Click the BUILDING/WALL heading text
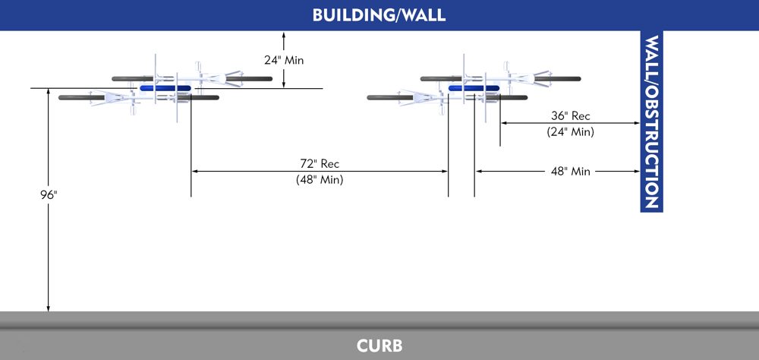coord(379,15)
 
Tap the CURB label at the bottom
coord(379,346)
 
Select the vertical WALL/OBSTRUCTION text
coord(651,122)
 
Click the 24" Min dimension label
coord(284,60)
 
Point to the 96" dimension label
coord(49,195)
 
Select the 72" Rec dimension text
coord(320,163)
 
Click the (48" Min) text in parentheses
coord(320,180)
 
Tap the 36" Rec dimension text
coord(570,116)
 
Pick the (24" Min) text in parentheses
coord(570,131)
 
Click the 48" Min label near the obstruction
coord(570,172)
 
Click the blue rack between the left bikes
coord(165,88)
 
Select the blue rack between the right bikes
coord(474,88)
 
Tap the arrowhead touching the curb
coord(49,308)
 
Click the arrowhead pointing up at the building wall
coord(284,35)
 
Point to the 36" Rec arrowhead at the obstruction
coord(637,123)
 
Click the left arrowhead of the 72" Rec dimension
coord(195,172)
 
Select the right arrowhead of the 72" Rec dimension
coord(444,172)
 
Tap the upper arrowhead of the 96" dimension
coord(49,92)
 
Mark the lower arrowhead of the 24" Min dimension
coord(284,84)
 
